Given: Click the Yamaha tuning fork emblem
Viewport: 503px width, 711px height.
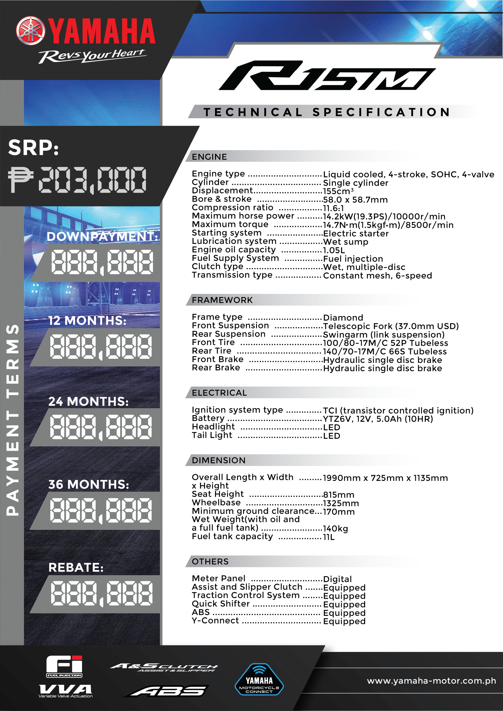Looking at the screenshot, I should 30,31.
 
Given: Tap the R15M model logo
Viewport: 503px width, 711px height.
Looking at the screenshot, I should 327,75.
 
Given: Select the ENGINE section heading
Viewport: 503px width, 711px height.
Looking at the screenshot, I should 209,157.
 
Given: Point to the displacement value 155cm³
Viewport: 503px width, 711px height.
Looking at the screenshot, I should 338,191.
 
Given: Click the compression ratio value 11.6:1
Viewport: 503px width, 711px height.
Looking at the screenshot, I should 333,208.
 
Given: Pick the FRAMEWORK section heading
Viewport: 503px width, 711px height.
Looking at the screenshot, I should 222,300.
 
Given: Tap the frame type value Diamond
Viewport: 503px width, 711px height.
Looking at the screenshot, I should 343,318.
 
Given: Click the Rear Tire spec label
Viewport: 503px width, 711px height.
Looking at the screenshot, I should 212,351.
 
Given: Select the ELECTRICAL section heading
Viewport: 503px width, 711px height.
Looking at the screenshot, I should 219,393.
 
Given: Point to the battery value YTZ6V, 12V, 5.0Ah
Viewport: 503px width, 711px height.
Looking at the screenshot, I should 378,419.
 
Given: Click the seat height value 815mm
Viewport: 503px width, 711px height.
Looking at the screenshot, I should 339,495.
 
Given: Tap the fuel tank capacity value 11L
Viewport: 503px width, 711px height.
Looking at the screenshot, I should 329,537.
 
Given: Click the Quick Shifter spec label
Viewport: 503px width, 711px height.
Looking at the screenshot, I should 221,604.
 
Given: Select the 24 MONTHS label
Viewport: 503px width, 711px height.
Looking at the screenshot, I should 88,402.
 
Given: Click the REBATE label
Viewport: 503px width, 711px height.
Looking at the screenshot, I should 76,568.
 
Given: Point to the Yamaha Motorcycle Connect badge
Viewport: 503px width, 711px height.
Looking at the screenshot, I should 259,679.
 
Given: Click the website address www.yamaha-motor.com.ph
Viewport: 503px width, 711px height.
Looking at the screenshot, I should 431,681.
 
